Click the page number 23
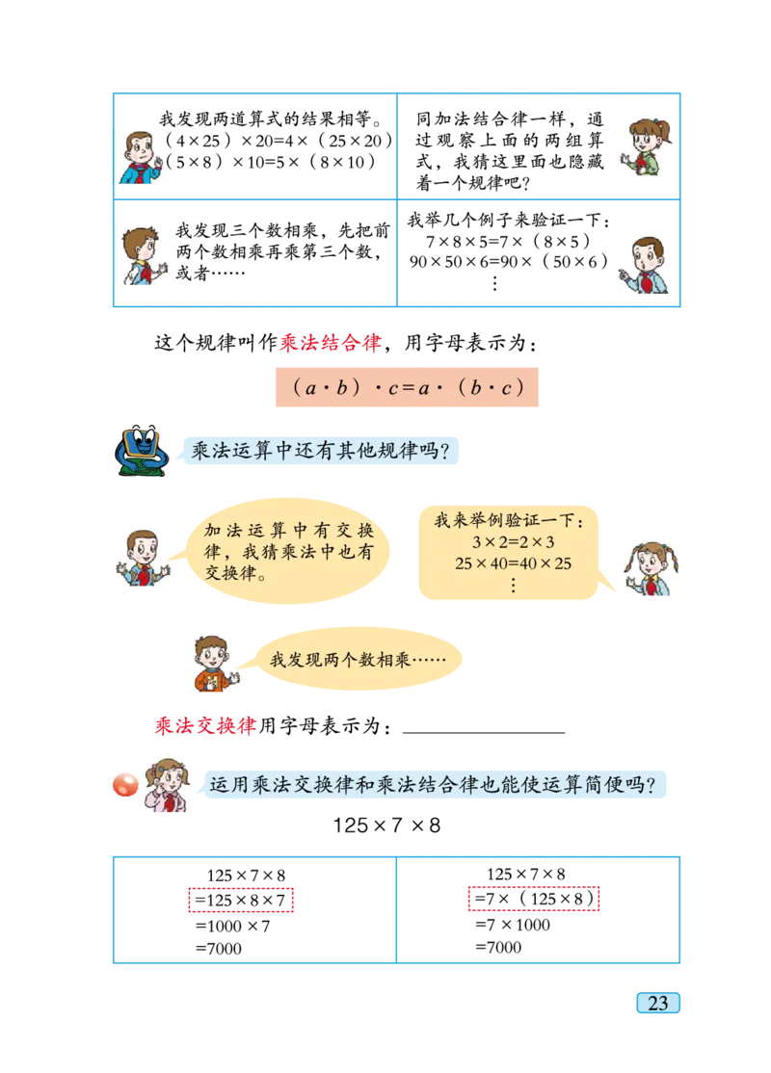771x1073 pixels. (658, 1004)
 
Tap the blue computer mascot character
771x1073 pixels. (142, 450)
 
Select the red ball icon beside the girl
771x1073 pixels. (125, 786)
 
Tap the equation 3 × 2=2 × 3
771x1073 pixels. (514, 543)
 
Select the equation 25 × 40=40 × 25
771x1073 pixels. (514, 563)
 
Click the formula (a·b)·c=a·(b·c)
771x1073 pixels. (405, 387)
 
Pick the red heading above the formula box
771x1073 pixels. (331, 343)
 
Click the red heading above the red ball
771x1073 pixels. (205, 726)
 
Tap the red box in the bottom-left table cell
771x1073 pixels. (241, 902)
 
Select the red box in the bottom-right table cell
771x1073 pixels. (533, 901)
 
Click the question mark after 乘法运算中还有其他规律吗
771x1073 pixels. (445, 451)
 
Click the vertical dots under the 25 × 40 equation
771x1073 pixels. (513, 585)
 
